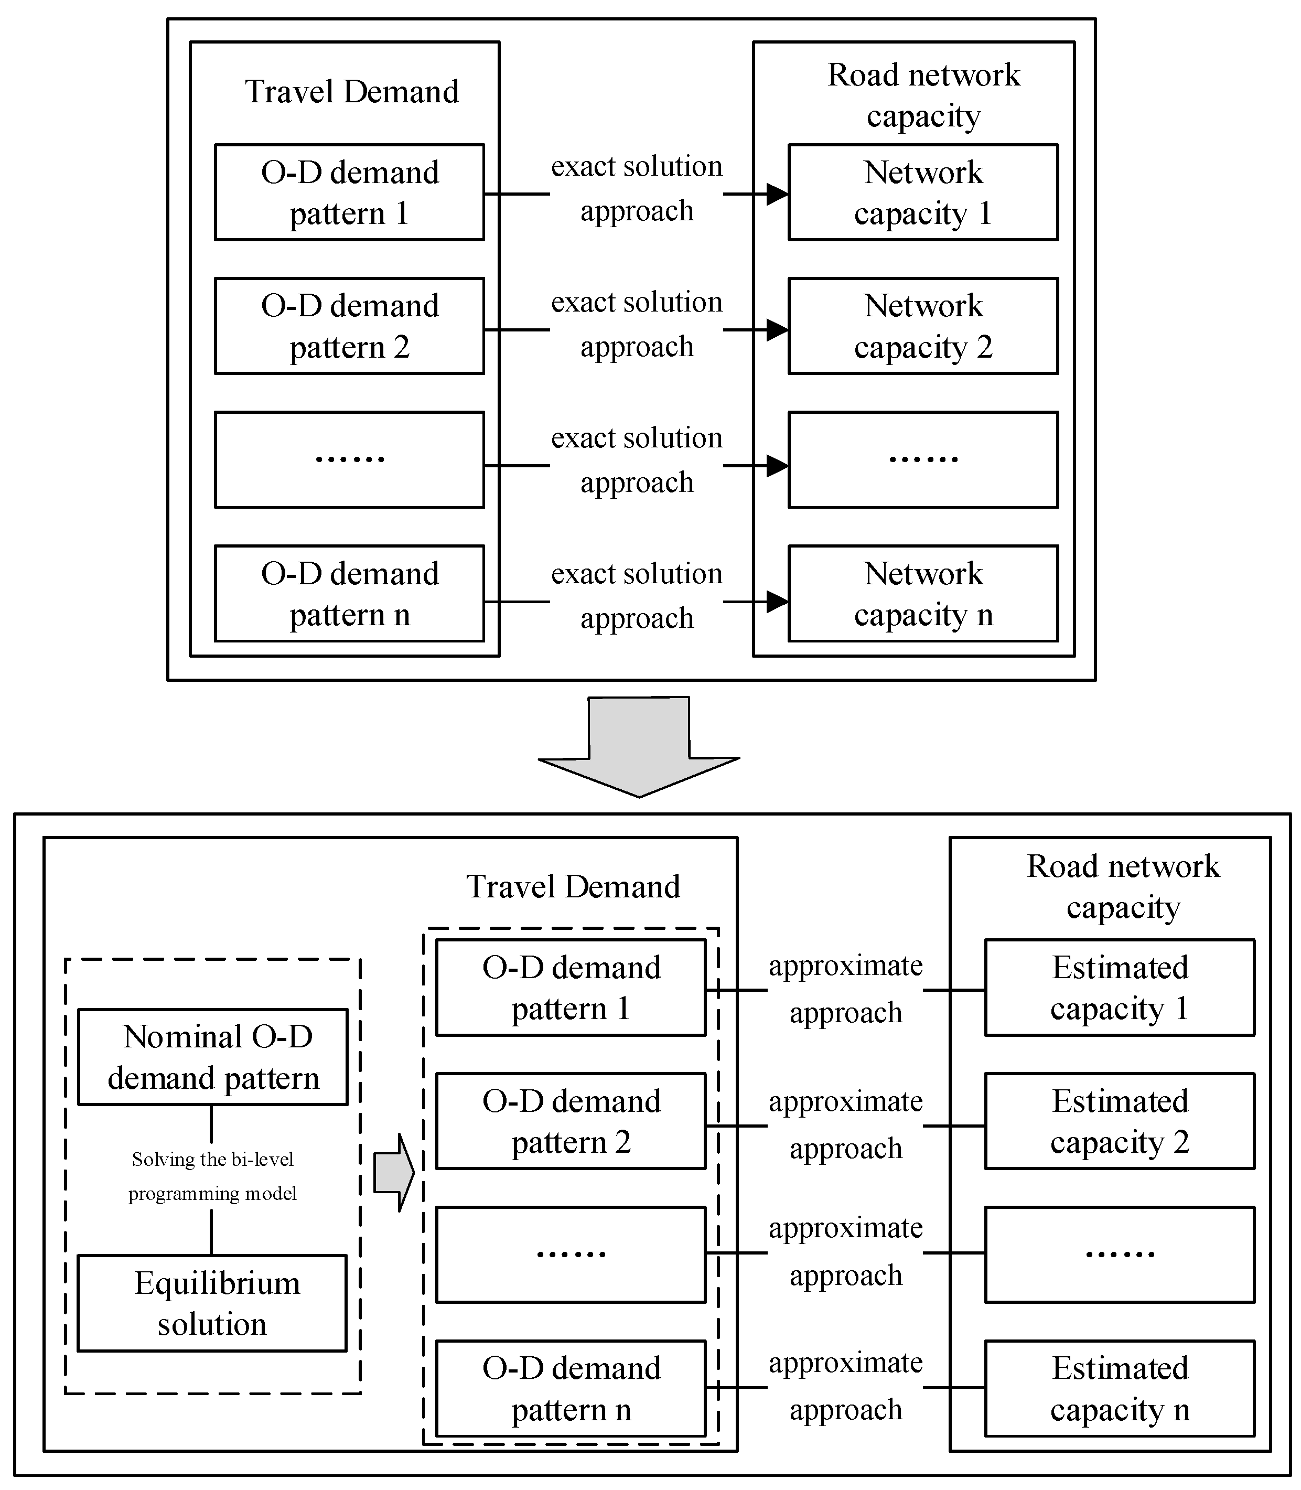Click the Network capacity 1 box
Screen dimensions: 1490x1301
tap(923, 192)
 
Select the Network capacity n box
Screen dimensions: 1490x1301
tap(923, 593)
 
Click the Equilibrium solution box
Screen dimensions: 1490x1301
tap(212, 1303)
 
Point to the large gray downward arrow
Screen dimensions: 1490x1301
tap(638, 748)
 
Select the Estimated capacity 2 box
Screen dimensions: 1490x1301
tap(1120, 1121)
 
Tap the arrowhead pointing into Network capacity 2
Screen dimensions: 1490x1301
tap(777, 330)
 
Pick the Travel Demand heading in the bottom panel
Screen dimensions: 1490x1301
tap(573, 886)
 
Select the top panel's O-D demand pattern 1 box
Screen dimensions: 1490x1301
tap(349, 192)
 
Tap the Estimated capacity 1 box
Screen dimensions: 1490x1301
tap(1120, 988)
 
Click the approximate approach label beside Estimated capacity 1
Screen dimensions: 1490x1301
tap(846, 989)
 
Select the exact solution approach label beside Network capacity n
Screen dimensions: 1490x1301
tap(637, 595)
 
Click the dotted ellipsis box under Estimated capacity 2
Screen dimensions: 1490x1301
tap(1120, 1255)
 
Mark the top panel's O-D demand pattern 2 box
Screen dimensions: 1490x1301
tap(349, 326)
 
